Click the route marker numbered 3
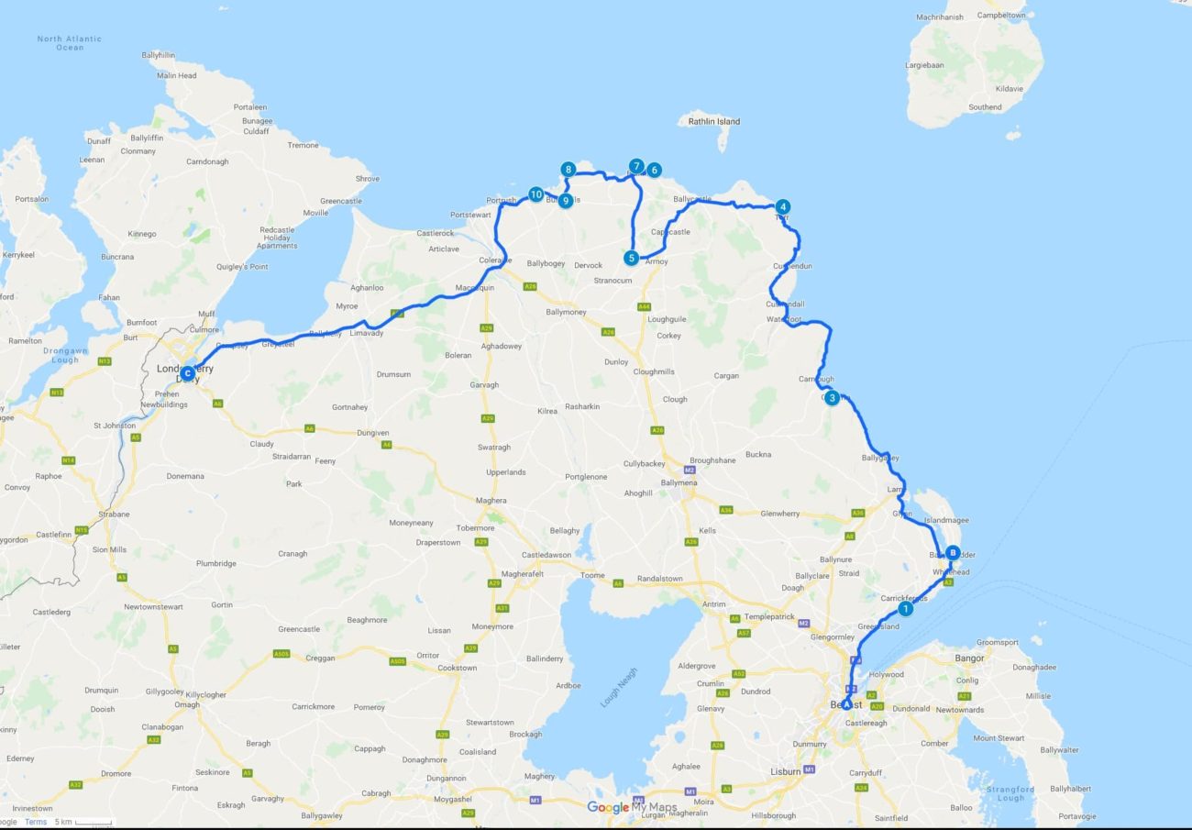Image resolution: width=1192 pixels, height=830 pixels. point(831,398)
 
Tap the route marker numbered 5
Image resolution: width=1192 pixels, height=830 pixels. point(631,258)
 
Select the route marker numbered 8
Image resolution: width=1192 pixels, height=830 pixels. point(568,170)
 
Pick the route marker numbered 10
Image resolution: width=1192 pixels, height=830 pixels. point(535,194)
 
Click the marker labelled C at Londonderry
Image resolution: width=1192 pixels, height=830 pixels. point(187,373)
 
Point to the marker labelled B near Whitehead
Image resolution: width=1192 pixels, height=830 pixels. point(953,553)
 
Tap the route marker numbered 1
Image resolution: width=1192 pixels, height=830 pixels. point(905,608)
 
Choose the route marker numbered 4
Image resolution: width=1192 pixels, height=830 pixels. point(782,206)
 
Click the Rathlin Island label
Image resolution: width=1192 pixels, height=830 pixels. point(714,121)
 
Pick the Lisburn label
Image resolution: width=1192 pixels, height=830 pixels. point(786,771)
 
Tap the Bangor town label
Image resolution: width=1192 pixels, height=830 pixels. point(969,658)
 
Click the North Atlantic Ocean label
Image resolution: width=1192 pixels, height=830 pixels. point(70,43)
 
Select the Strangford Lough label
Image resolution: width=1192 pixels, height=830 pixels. point(1011,793)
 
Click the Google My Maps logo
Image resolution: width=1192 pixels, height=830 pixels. point(632,807)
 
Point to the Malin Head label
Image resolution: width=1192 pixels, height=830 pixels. point(175,75)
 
